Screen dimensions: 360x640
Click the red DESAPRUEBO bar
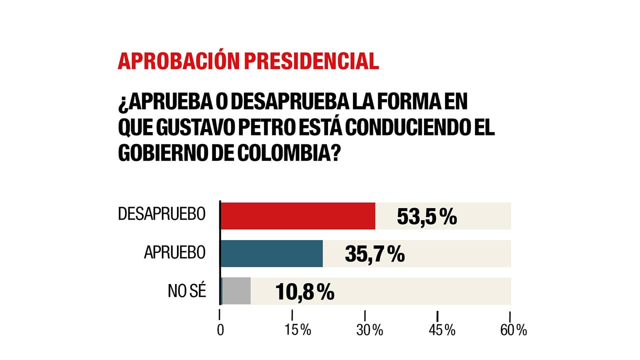(x=297, y=216)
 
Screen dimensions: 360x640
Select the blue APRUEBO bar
(x=271, y=253)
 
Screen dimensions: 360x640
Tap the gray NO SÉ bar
(x=236, y=291)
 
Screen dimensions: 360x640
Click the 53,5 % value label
(x=426, y=217)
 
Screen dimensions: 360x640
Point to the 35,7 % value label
(x=374, y=254)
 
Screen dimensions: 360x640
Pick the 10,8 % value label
(x=304, y=292)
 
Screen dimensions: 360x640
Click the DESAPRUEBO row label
(x=161, y=214)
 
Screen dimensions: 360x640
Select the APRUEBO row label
(x=174, y=252)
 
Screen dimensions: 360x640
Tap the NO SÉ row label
(x=186, y=291)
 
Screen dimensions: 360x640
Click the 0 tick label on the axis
(x=220, y=330)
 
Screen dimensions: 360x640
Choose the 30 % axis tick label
(x=369, y=330)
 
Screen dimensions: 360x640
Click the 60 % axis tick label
(x=514, y=330)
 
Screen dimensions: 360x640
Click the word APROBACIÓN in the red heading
(x=178, y=60)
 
